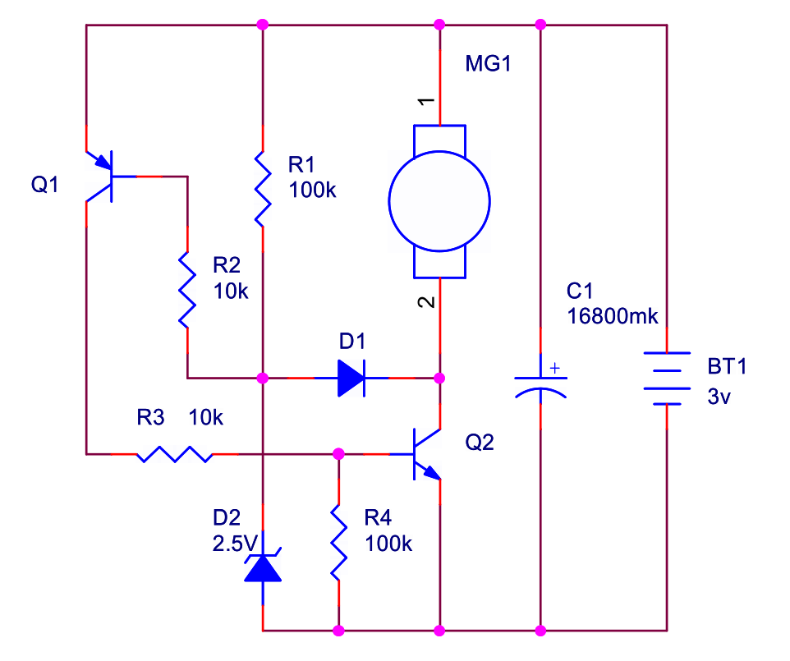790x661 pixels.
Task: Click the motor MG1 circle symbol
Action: [x=439, y=202]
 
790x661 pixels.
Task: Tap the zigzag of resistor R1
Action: [x=262, y=187]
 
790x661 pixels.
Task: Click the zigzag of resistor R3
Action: [x=175, y=453]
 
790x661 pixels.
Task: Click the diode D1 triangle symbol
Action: [x=351, y=379]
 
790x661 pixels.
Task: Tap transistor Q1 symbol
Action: [x=103, y=176]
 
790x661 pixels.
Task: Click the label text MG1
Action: [x=488, y=64]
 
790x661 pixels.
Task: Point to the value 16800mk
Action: [x=613, y=316]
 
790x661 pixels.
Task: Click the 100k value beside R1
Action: [x=313, y=190]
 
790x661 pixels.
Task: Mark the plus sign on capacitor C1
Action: [x=555, y=368]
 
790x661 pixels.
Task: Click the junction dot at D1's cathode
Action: [x=439, y=379]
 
